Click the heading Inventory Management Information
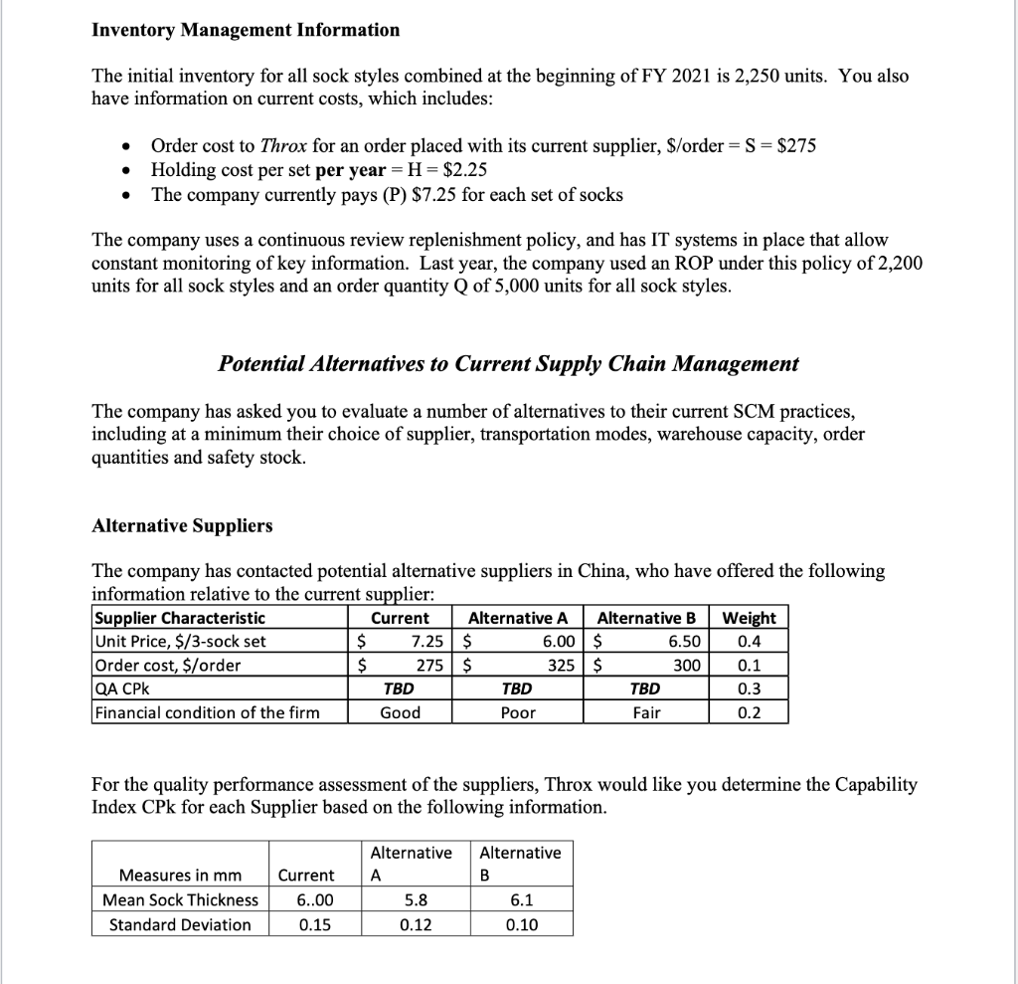(x=246, y=30)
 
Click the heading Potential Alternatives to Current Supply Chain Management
(x=508, y=364)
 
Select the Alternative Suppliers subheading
(x=182, y=525)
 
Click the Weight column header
(x=750, y=618)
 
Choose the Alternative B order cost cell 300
(x=685, y=666)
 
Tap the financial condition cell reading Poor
(x=519, y=712)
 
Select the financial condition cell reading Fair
(x=646, y=712)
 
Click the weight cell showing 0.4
(x=750, y=642)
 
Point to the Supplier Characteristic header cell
(x=180, y=618)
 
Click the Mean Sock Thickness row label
(x=180, y=900)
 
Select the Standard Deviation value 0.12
(x=416, y=924)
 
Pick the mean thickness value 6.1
(x=520, y=900)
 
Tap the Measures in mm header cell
(x=180, y=876)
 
